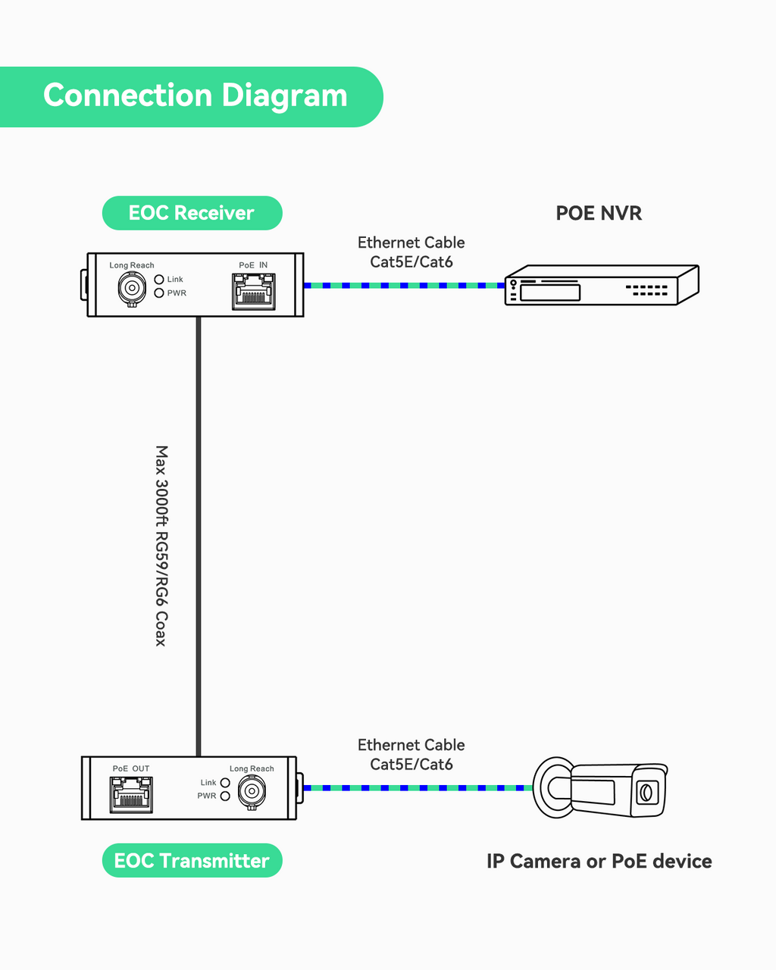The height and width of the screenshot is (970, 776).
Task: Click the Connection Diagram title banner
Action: coord(194,96)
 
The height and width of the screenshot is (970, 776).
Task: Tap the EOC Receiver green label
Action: coord(192,213)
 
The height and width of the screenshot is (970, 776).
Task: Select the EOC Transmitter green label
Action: coord(192,861)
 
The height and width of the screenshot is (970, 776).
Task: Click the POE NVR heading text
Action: coord(599,213)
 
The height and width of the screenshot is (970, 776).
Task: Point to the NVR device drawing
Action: coord(601,285)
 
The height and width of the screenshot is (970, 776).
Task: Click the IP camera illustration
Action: coord(599,787)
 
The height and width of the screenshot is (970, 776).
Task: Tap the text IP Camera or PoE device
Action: coord(599,861)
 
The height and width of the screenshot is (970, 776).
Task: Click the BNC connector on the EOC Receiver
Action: coord(132,288)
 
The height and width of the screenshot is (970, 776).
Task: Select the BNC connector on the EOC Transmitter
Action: coord(251,792)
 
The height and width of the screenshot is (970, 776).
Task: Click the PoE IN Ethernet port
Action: coord(253,292)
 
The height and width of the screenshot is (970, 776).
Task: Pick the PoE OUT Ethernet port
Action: coord(131,793)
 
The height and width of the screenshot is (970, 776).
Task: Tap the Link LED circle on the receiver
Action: coord(159,280)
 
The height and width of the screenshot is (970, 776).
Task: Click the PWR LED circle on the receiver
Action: coord(159,293)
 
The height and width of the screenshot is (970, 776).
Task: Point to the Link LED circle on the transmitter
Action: coord(225,783)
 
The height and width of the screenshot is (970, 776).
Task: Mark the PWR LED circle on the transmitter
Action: coord(225,796)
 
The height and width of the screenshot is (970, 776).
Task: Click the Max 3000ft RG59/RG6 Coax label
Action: coord(161,546)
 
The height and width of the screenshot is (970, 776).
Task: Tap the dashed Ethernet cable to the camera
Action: coord(418,788)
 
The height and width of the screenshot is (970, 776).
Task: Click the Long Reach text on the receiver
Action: coord(132,265)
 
